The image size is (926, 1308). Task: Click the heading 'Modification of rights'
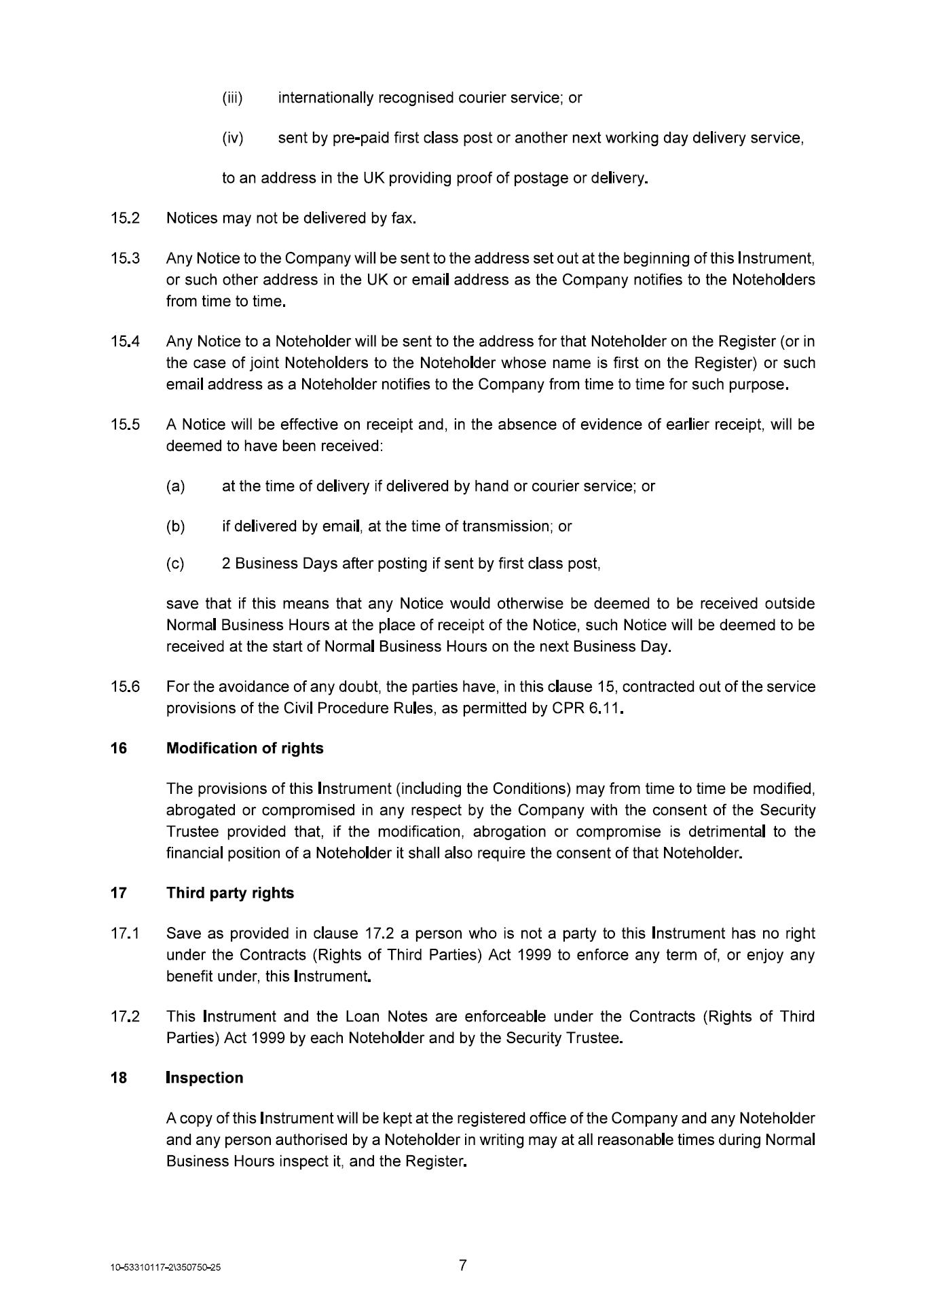click(x=244, y=748)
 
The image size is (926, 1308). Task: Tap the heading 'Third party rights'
click(x=230, y=892)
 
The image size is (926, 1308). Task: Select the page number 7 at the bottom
click(x=463, y=1265)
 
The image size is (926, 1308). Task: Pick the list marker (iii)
click(x=233, y=98)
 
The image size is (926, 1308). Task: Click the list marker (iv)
click(x=233, y=138)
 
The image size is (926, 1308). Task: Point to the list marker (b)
click(x=175, y=526)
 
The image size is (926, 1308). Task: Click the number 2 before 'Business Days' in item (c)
click(x=226, y=563)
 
